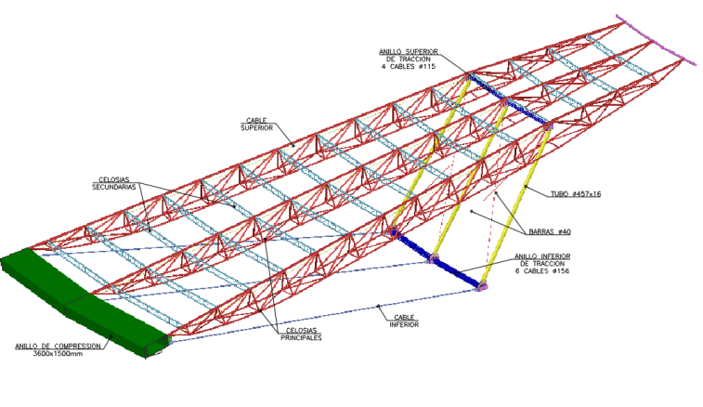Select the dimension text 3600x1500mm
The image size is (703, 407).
coord(59,355)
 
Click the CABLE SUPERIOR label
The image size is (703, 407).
coord(257,124)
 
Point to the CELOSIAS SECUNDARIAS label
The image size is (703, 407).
coord(114,183)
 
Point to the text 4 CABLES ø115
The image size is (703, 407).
coord(409,67)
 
